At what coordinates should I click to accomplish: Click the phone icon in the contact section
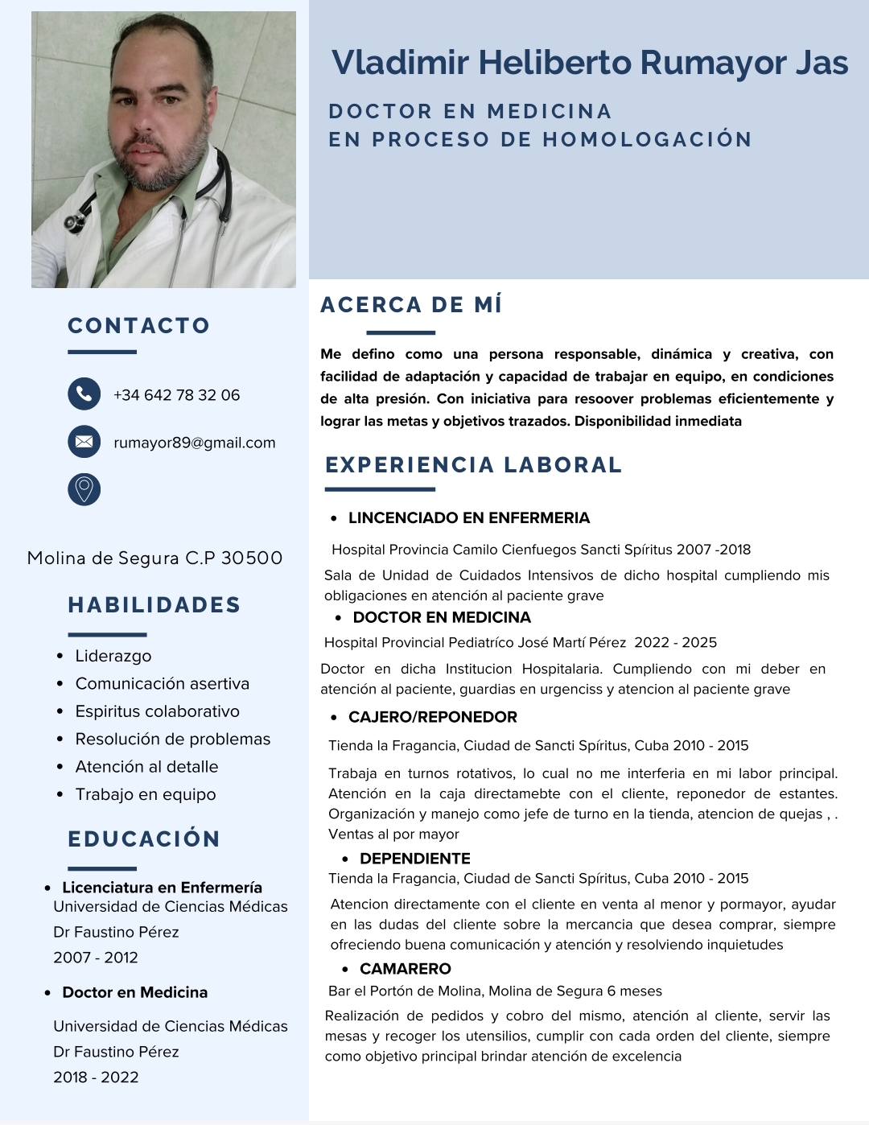pos(84,394)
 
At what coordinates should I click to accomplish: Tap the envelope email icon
pos(84,442)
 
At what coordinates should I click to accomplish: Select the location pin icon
pos(84,489)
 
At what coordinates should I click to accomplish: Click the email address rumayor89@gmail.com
pos(195,443)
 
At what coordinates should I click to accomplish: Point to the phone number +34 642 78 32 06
pos(176,395)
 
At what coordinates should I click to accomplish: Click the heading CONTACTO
pos(138,326)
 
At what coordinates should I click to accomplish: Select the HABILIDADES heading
pos(154,605)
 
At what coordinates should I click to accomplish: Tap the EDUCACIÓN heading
pos(144,839)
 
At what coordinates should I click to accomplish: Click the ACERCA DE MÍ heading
pos(411,305)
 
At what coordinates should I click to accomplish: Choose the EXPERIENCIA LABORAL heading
pos(474,465)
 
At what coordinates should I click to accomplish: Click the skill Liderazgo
pos(113,656)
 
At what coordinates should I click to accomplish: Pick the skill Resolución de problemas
pos(173,739)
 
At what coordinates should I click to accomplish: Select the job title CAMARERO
pos(406,969)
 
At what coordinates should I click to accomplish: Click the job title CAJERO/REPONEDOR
pos(433,717)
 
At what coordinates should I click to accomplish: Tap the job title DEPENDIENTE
pos(415,859)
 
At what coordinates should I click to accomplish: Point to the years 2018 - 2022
pos(96,1078)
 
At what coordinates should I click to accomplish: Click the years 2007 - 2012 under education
pos(96,958)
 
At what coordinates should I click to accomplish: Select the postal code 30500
pos(252,558)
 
